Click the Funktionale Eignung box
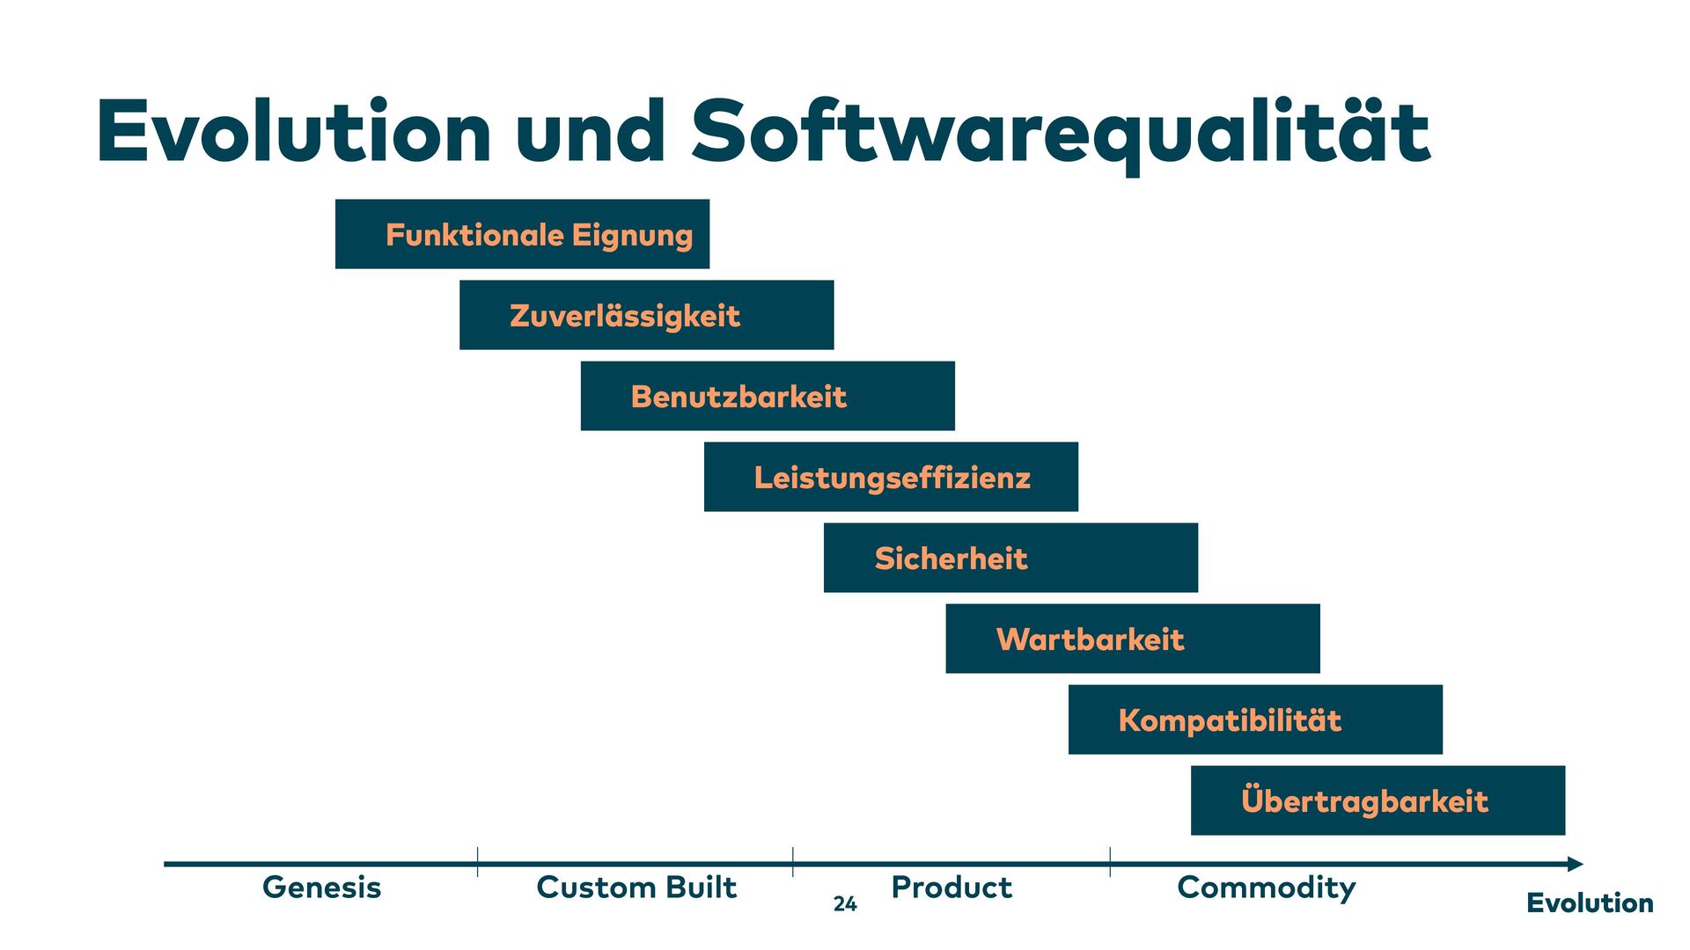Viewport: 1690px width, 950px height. coord(522,234)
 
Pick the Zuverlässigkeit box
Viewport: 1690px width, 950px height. coord(646,315)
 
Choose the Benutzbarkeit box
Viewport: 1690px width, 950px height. coord(768,396)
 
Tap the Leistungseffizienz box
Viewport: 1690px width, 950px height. coord(891,477)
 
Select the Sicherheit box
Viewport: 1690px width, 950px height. coord(1010,558)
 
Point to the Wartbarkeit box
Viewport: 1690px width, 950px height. coord(1133,639)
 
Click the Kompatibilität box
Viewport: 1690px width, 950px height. coord(1255,720)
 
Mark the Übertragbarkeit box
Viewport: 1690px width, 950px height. coord(1378,800)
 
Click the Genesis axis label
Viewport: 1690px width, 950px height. coord(322,888)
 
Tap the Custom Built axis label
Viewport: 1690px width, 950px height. coord(636,888)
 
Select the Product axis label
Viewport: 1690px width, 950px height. coord(952,888)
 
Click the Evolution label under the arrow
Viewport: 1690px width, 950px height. coord(1590,903)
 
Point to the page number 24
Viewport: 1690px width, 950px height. coord(845,904)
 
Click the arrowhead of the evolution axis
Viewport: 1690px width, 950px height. coord(1576,864)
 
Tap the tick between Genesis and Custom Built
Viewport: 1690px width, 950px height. coord(478,862)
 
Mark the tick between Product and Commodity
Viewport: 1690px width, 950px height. coord(1110,862)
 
